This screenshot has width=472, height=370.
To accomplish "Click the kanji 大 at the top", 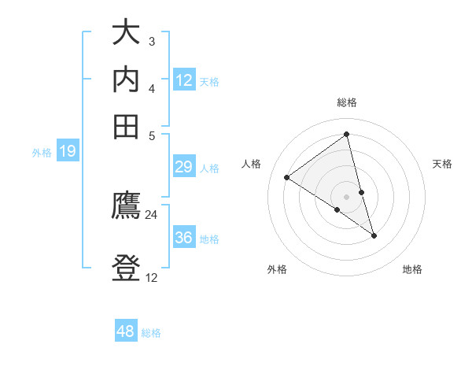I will pyautogui.click(x=126, y=34).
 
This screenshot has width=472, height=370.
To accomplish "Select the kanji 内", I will pyautogui.click(x=126, y=80).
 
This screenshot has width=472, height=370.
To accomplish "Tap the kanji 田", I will pyautogui.click(x=126, y=126).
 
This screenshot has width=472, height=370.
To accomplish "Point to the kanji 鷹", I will pyautogui.click(x=126, y=206).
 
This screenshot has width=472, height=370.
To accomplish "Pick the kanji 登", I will pyautogui.click(x=126, y=269).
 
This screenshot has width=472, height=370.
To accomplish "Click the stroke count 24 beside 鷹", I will pyautogui.click(x=152, y=215).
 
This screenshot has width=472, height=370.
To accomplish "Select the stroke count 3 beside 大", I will pyautogui.click(x=152, y=41).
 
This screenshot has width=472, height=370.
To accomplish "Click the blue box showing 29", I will pyautogui.click(x=183, y=167).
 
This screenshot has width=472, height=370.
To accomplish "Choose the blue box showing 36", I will pyautogui.click(x=183, y=238).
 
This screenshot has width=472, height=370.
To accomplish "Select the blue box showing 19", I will pyautogui.click(x=68, y=152).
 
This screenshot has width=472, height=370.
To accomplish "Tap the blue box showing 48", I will pyautogui.click(x=126, y=331).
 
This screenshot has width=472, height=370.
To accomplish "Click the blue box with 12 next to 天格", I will pyautogui.click(x=184, y=80).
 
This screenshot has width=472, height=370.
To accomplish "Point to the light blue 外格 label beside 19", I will pyautogui.click(x=42, y=153).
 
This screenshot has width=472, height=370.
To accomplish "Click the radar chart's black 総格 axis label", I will pyautogui.click(x=347, y=102).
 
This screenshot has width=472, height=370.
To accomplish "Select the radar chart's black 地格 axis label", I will pyautogui.click(x=412, y=270).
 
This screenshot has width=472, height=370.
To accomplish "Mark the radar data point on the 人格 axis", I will pyautogui.click(x=287, y=177).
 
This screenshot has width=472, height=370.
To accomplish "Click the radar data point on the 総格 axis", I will pyautogui.click(x=347, y=135).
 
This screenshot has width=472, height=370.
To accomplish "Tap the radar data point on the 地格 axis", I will pyautogui.click(x=374, y=235).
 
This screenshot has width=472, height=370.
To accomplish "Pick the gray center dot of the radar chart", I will pyautogui.click(x=347, y=196).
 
